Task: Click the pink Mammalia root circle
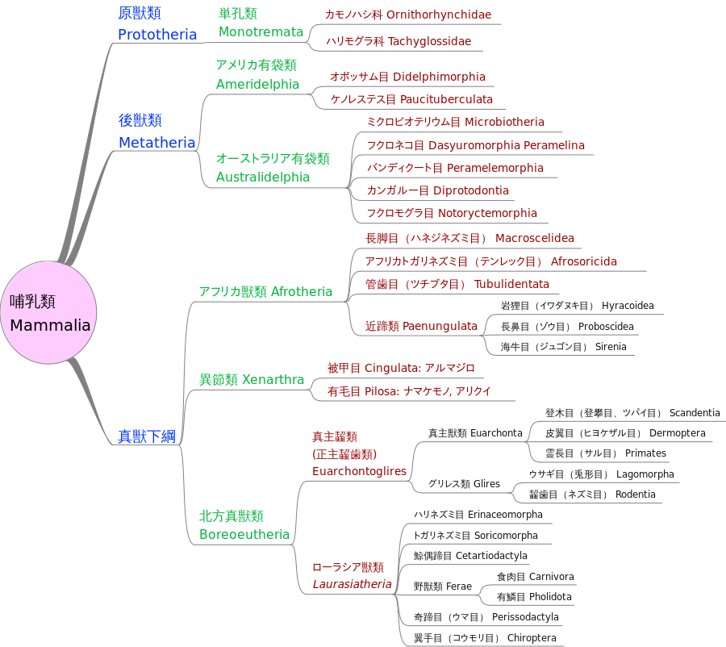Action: pos(49,312)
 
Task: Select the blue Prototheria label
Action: pos(157,35)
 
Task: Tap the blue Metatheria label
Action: pos(156,143)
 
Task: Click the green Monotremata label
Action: pos(261,32)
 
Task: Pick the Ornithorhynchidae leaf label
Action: pos(439,15)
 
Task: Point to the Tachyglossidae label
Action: pos(429,41)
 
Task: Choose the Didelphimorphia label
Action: pos(439,77)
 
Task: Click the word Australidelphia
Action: pos(263,177)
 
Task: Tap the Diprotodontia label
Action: pos(471,190)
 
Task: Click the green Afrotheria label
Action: pos(302,291)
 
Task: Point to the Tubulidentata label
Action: pos(511,284)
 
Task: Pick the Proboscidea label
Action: pos(606,326)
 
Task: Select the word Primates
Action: pos(645,453)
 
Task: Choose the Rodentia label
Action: pos(636,494)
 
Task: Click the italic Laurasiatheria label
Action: pos(352,584)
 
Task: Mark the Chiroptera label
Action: pos(532,637)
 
